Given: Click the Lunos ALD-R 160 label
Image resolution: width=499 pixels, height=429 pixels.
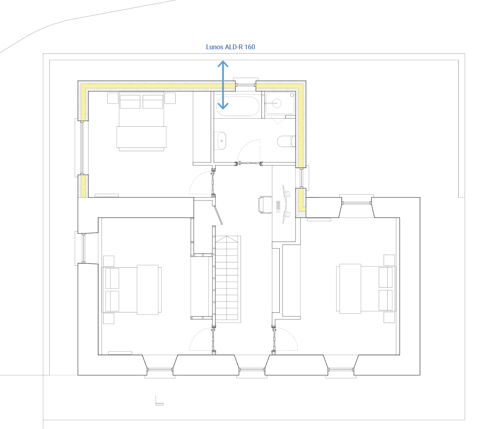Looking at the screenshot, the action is click(230, 47).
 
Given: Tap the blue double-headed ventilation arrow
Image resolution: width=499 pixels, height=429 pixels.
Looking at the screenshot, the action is click(223, 85).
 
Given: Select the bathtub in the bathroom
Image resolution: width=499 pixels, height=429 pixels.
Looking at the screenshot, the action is click(238, 106).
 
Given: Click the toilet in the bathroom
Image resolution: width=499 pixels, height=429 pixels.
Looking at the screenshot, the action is click(286, 141).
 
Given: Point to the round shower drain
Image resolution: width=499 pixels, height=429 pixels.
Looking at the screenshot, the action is click(291, 95).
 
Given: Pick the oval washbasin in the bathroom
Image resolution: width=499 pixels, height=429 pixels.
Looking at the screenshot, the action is click(222, 141).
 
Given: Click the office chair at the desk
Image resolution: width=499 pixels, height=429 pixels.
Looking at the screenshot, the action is click(265, 205).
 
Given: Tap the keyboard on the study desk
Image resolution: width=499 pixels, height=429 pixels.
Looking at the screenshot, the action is click(278, 205).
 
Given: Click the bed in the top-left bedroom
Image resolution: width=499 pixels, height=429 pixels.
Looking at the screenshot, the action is click(141, 121).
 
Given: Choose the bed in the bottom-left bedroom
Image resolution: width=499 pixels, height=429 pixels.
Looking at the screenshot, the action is click(132, 290).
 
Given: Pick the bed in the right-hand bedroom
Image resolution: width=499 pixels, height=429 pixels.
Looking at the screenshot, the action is click(366, 289).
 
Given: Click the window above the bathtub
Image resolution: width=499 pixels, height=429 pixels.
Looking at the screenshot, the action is click(245, 85).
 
